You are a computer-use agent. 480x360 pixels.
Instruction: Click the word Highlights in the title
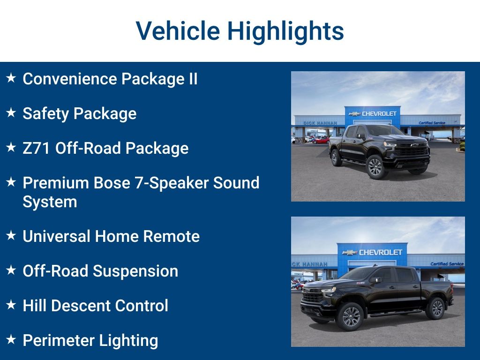pos(285,31)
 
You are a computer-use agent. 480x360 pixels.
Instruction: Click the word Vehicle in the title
pos(178,31)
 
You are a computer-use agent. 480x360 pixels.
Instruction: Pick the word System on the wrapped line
pos(50,202)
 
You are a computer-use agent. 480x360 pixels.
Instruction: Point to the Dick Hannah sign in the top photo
pos(320,123)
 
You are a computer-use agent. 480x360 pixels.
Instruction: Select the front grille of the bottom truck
pos(313,297)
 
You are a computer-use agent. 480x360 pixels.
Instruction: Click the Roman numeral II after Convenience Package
pos(193,79)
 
